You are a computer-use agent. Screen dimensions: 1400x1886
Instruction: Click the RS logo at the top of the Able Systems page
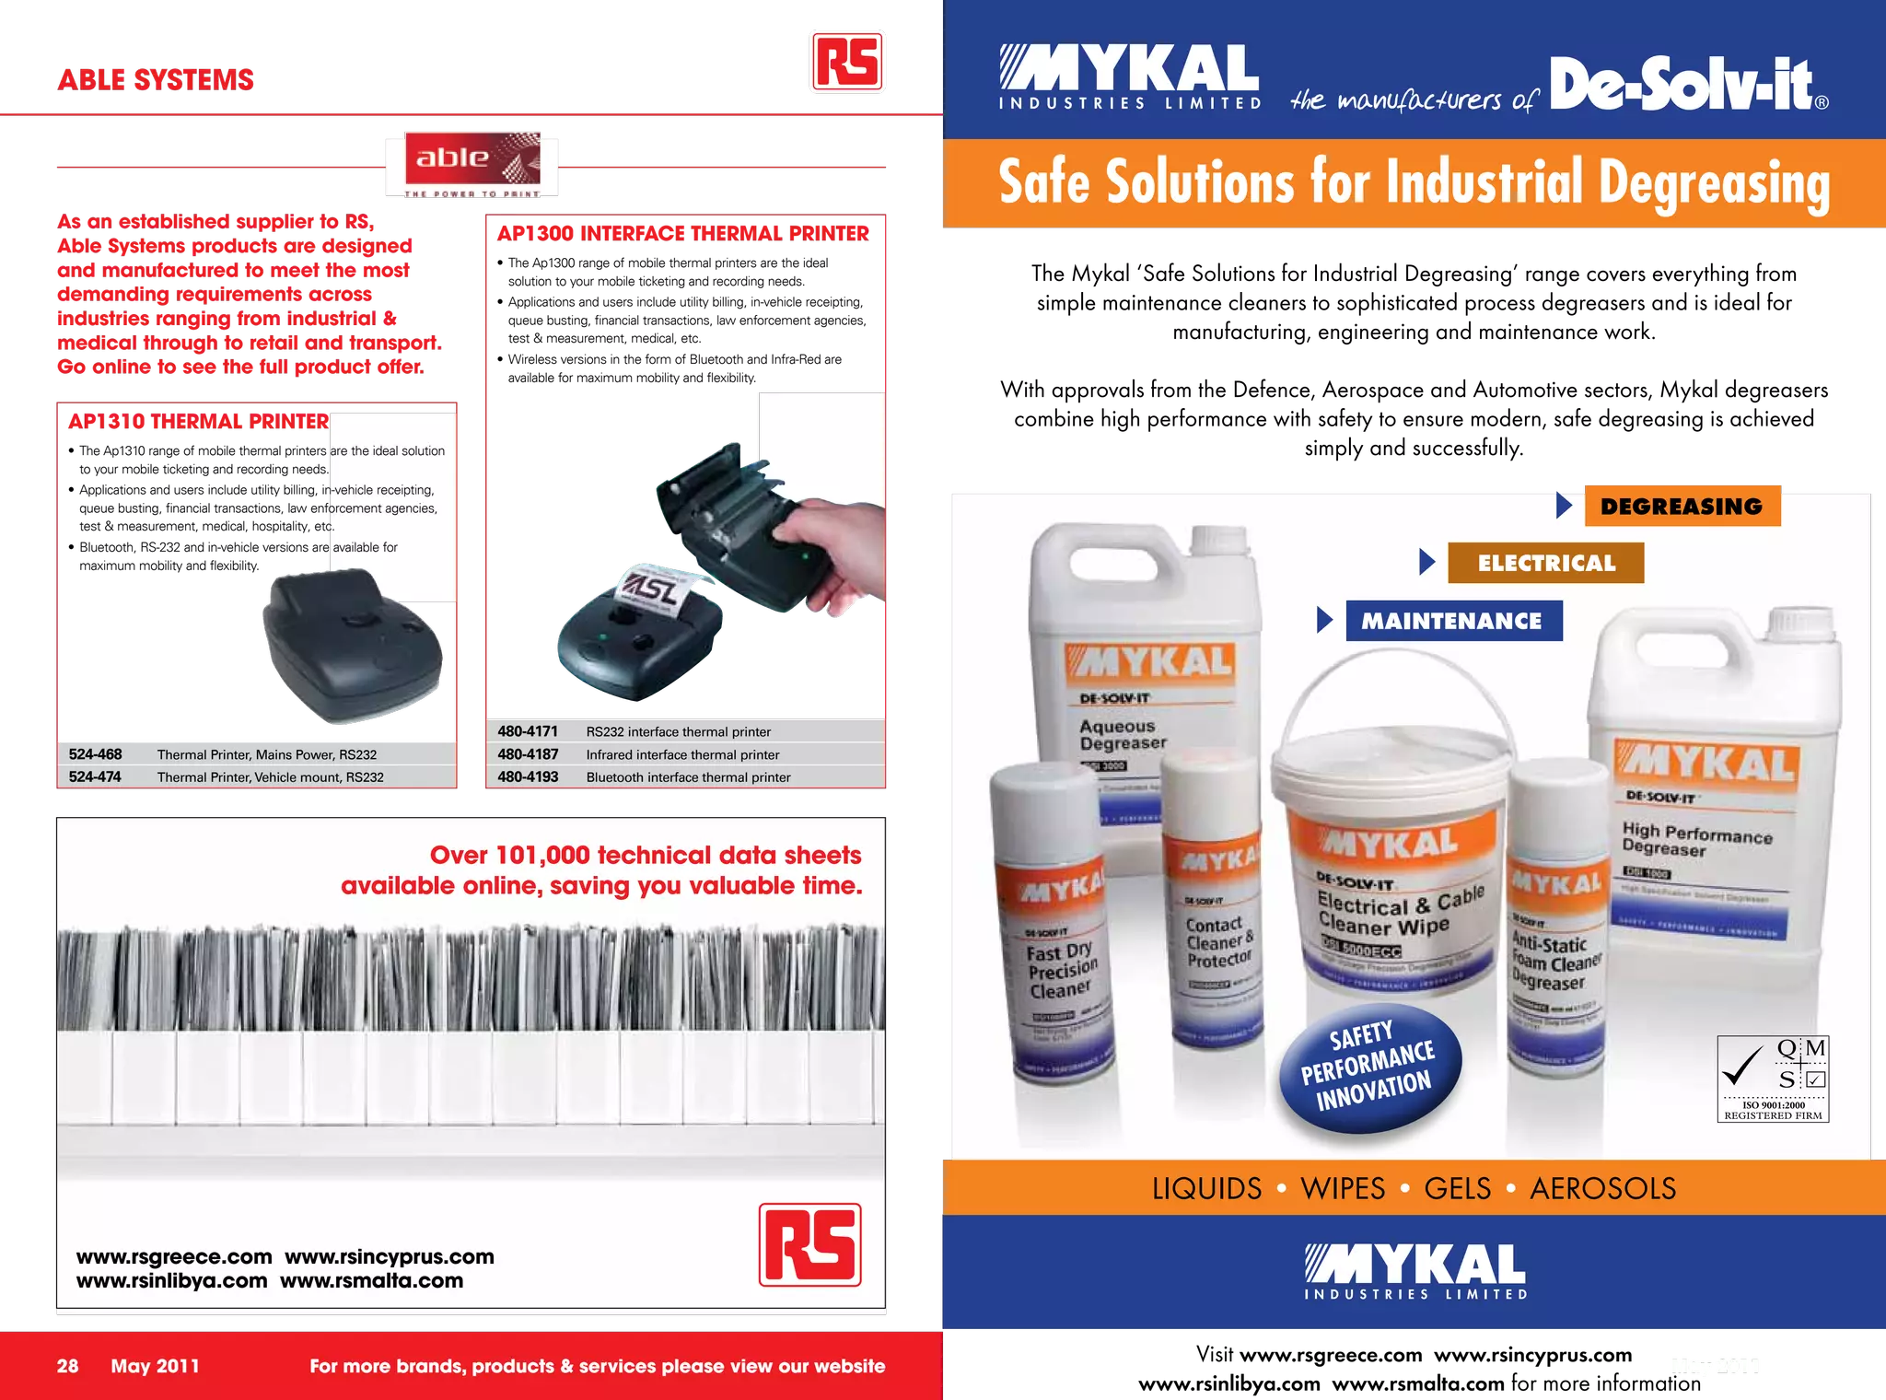tap(846, 62)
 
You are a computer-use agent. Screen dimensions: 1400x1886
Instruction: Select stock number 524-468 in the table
tap(95, 754)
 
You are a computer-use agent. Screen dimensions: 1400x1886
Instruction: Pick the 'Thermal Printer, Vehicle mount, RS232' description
tap(270, 777)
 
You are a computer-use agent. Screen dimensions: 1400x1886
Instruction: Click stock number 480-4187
tap(528, 754)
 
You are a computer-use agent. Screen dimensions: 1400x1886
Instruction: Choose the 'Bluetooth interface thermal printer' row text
tap(688, 777)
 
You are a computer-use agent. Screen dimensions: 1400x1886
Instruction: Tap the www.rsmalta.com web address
tap(371, 1281)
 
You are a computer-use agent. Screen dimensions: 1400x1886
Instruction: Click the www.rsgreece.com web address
tap(174, 1257)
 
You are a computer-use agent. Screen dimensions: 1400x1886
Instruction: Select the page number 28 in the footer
tap(67, 1366)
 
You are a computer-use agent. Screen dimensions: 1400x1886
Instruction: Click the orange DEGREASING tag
tap(1682, 506)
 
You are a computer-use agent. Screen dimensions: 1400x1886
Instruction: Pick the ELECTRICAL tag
tap(1546, 563)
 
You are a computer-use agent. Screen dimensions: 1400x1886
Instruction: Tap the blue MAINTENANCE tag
tap(1453, 621)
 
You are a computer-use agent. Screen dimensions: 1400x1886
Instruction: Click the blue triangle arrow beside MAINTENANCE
tap(1325, 620)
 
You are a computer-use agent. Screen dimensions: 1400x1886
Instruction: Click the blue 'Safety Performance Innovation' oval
tap(1369, 1067)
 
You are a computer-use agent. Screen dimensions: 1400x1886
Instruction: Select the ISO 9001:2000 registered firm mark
tap(1773, 1078)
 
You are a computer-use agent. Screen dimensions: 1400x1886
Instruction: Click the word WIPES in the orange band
tap(1342, 1188)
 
